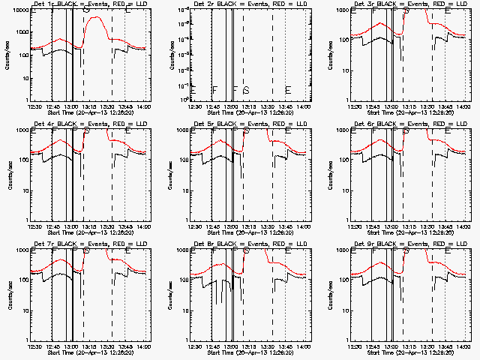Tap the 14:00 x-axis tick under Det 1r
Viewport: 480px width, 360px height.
tap(142, 106)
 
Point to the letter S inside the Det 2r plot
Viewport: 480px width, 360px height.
tap(245, 90)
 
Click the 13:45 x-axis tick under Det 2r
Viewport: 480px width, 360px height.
tap(285, 106)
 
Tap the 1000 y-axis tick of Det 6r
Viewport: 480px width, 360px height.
tap(344, 130)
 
